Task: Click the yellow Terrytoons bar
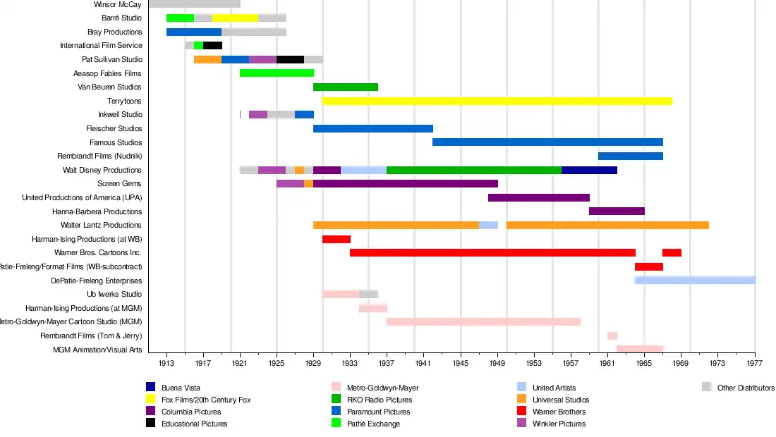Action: point(497,101)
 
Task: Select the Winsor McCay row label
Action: point(118,4)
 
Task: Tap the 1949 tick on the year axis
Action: point(497,364)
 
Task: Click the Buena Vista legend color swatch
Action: point(150,387)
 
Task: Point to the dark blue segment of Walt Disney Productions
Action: point(589,170)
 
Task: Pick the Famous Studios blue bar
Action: point(547,142)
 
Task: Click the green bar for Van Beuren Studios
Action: point(346,87)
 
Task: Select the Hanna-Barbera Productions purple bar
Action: point(617,211)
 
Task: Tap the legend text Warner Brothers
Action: point(559,412)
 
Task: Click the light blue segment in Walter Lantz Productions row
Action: point(488,225)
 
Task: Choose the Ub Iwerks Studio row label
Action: point(114,294)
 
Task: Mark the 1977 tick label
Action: point(754,364)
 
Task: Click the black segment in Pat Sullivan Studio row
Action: point(290,59)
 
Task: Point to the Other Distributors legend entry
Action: point(746,388)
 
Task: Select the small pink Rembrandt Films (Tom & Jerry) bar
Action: point(612,336)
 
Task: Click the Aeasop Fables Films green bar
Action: point(277,73)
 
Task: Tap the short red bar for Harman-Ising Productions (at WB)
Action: point(337,239)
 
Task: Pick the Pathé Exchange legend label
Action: point(373,424)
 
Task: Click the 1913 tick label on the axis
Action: point(166,364)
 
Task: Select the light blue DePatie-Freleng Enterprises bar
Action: point(695,280)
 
